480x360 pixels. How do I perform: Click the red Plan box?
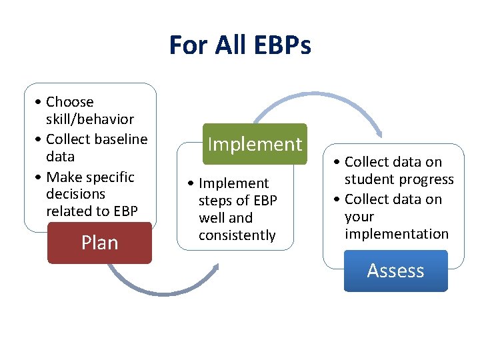coord(99,243)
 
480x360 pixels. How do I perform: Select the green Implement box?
coord(255,144)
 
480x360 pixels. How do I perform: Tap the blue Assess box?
coord(395,271)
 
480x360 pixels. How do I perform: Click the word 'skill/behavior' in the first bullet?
coord(89,119)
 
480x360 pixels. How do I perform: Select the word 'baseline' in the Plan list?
coord(121,139)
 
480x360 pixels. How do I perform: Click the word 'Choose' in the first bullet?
coord(69,102)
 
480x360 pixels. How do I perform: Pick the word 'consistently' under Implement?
coord(237,235)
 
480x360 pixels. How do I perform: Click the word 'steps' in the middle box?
coord(214,201)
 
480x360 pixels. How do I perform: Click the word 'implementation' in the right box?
coord(396,234)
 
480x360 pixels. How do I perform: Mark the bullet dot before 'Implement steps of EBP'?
coord(192,183)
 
